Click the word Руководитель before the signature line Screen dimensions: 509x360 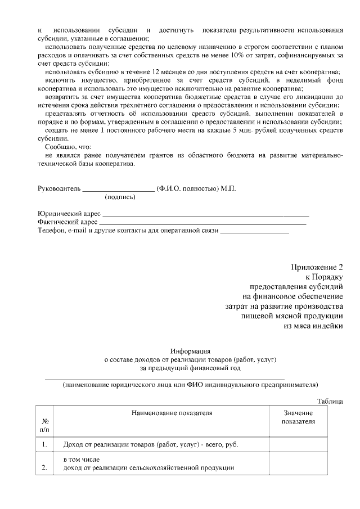pyautogui.click(x=59, y=188)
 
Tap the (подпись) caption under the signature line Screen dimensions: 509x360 pyautogui.click(x=120, y=197)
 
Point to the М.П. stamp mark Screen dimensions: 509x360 pyautogui.click(x=228, y=188)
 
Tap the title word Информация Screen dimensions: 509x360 pyautogui.click(x=191, y=350)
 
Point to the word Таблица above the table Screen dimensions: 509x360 pyautogui.click(x=330, y=401)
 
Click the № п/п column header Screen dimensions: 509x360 pyautogui.click(x=45, y=425)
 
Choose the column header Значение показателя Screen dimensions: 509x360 pyautogui.click(x=298, y=417)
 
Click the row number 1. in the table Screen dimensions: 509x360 pyautogui.click(x=44, y=445)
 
